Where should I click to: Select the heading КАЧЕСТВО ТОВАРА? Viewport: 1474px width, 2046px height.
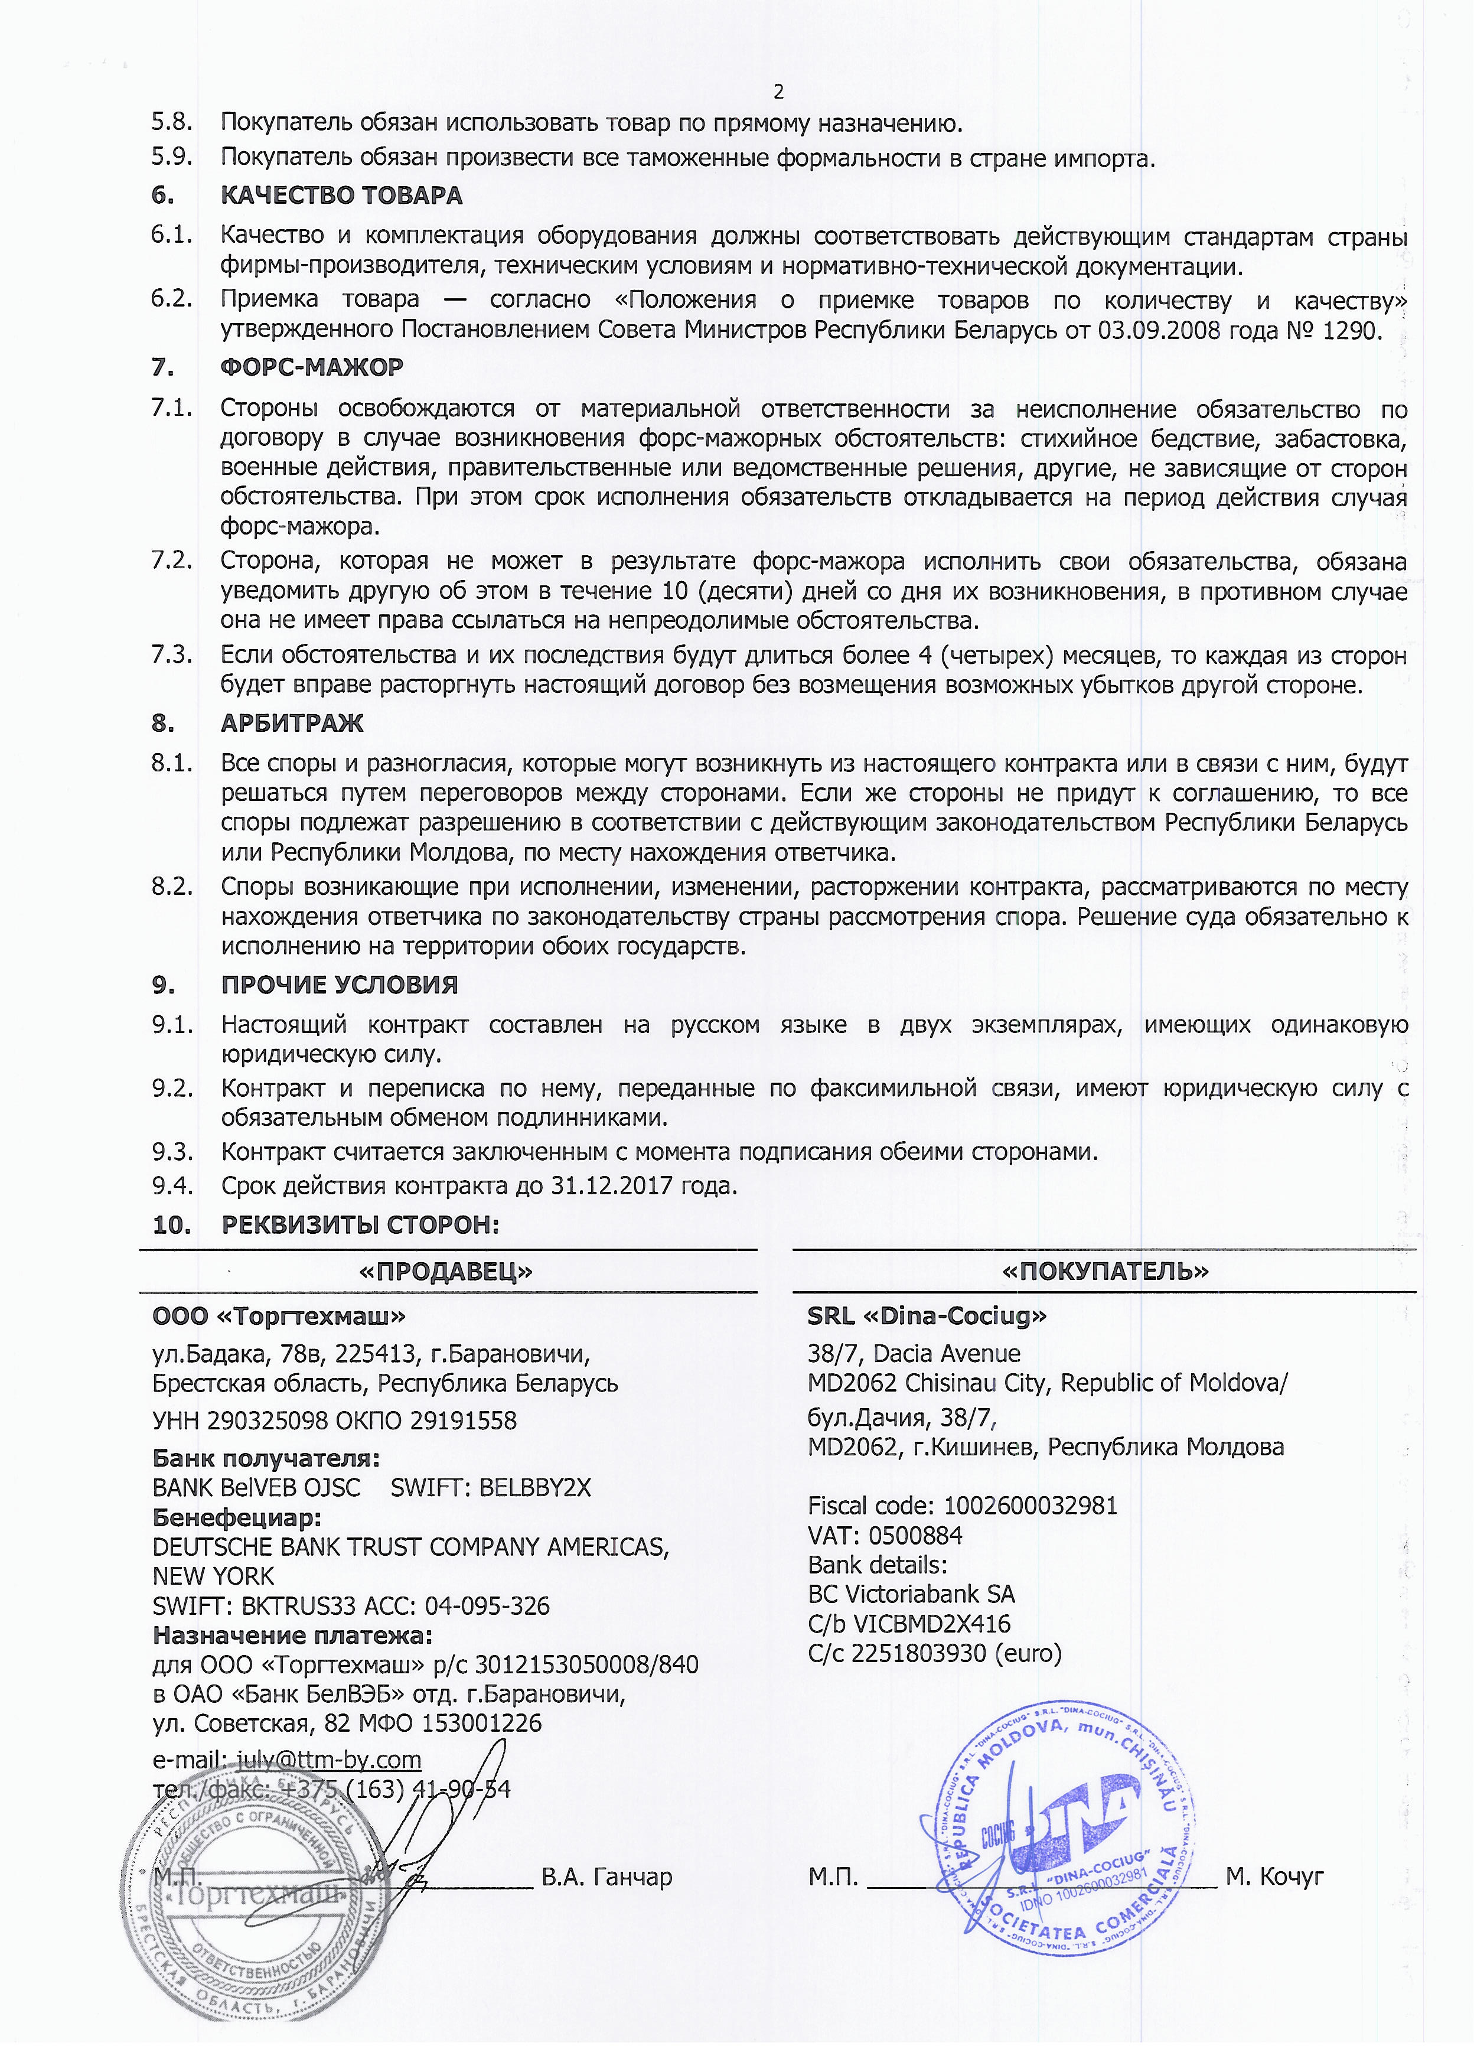(x=341, y=196)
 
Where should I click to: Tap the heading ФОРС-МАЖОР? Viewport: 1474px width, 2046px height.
(x=311, y=367)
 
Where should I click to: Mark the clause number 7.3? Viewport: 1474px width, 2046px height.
(x=171, y=654)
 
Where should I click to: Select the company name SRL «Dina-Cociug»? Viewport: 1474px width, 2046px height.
(x=927, y=1316)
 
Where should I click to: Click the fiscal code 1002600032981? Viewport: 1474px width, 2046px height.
(x=1030, y=1506)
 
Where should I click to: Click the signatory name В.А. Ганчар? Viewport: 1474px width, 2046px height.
(x=606, y=1877)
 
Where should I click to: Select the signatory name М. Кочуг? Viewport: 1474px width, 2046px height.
(x=1274, y=1877)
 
